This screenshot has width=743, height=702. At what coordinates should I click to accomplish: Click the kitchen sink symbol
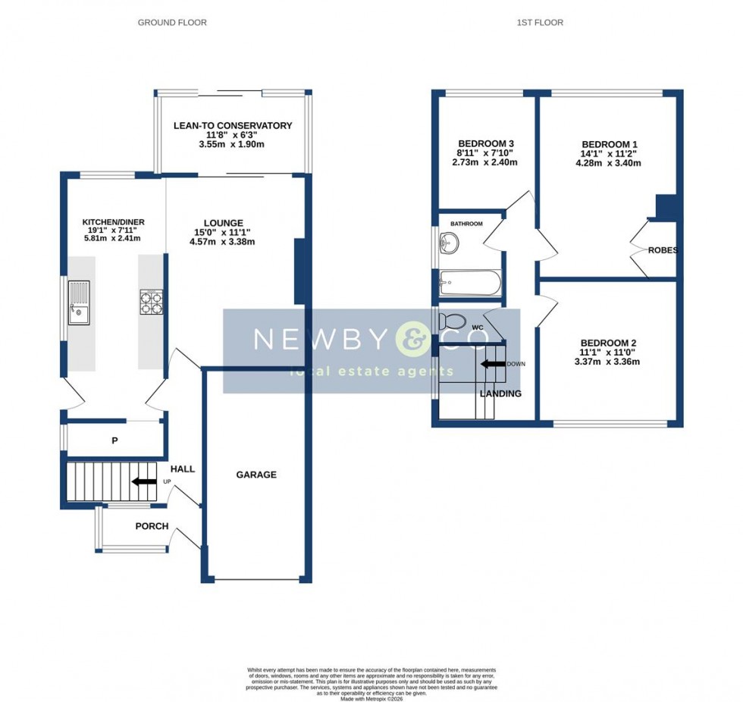[x=79, y=302]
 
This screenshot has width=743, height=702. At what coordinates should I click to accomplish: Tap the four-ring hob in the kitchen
[x=151, y=302]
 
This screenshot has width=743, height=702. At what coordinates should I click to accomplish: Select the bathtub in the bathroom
[x=470, y=286]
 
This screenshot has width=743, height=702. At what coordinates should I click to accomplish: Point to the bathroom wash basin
[x=447, y=243]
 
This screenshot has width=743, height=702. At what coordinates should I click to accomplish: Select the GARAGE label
[x=256, y=475]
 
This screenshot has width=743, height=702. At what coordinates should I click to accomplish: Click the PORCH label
[x=152, y=526]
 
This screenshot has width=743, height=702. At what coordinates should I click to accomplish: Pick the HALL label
[x=182, y=469]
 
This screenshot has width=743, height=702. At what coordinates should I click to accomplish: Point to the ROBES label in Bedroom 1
[x=662, y=250]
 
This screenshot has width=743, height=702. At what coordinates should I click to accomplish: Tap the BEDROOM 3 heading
[x=486, y=143]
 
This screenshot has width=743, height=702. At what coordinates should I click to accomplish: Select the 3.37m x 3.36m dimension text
[x=607, y=362]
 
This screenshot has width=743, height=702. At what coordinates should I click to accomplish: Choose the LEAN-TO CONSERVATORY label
[x=232, y=126]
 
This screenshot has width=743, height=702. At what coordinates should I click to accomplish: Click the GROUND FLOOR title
[x=172, y=23]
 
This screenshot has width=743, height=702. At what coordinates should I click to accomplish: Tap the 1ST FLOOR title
[x=540, y=23]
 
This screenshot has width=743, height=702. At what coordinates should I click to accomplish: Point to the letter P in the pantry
[x=114, y=439]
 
